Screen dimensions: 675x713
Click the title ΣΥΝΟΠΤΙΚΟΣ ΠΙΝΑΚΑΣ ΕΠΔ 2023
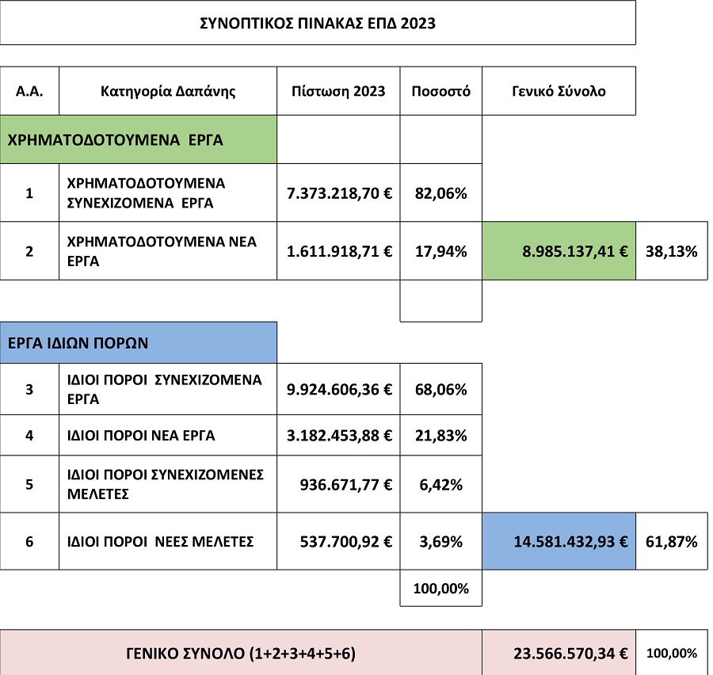click(317, 23)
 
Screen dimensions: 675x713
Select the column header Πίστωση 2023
click(338, 90)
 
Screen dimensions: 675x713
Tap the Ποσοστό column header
click(440, 90)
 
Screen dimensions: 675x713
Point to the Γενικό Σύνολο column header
click(559, 90)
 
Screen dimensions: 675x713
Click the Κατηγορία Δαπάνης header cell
click(168, 90)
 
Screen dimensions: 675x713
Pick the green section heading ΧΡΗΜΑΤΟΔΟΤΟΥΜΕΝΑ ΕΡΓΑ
click(116, 140)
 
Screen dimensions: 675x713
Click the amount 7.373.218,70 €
click(338, 193)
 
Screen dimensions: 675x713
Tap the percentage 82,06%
click(440, 193)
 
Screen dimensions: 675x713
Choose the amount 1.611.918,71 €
click(338, 252)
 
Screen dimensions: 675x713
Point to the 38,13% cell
click(671, 252)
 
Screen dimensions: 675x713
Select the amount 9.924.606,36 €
click(338, 389)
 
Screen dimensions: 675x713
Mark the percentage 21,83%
click(440, 435)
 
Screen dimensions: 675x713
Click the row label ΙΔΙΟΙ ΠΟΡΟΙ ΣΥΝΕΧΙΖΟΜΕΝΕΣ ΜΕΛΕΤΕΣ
click(166, 483)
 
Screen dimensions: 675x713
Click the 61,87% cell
click(671, 542)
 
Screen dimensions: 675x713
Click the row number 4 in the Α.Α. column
click(29, 435)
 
